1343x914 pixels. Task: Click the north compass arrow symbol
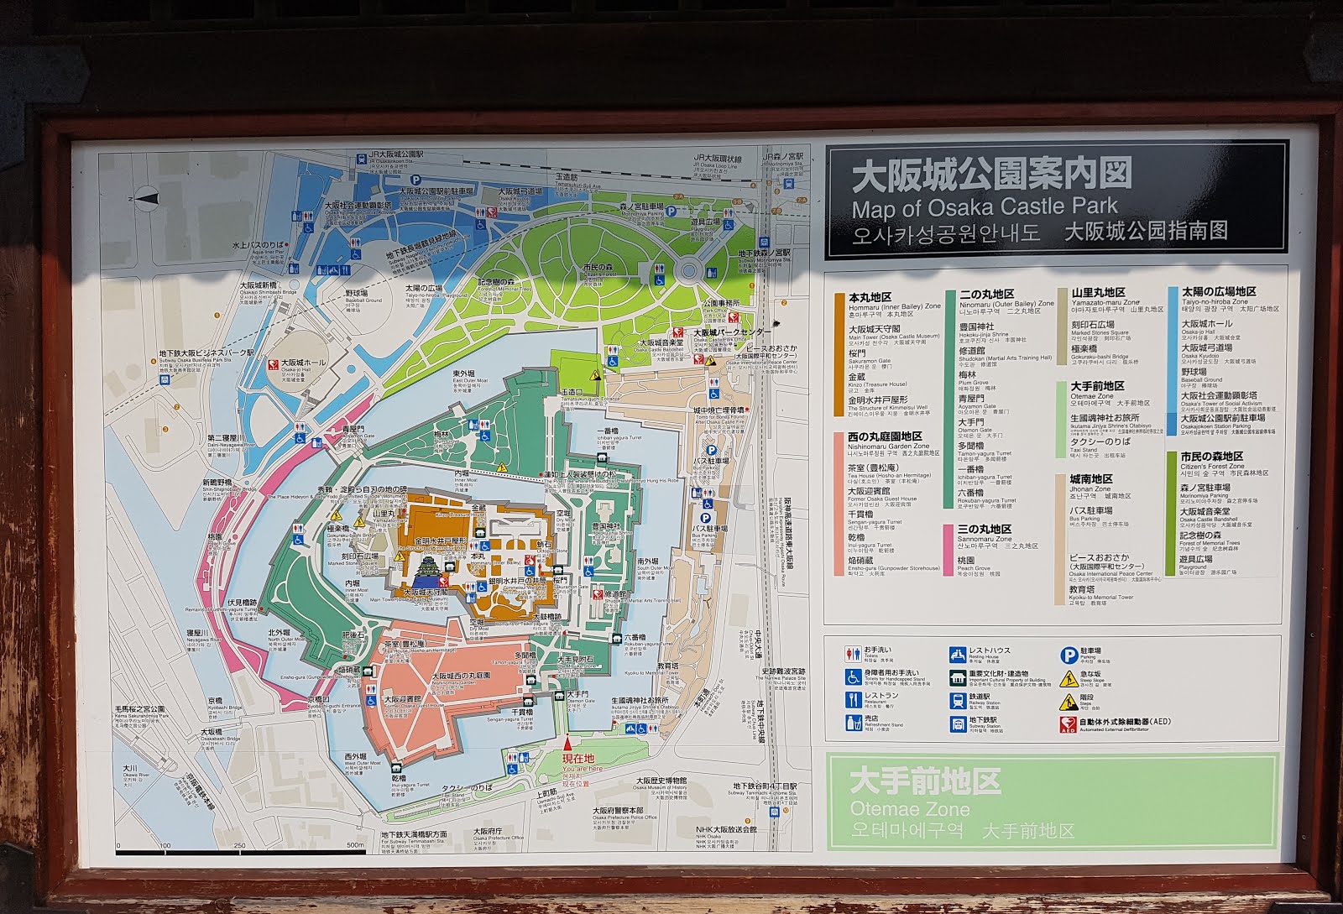coord(148,198)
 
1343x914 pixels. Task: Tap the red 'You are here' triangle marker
coord(568,742)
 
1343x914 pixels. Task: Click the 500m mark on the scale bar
coord(355,845)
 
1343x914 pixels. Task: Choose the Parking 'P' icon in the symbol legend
coord(1068,655)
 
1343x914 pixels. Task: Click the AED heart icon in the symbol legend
coord(1068,723)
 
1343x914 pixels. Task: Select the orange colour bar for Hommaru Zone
coord(839,354)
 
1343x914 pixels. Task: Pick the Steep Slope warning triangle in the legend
coord(1068,678)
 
